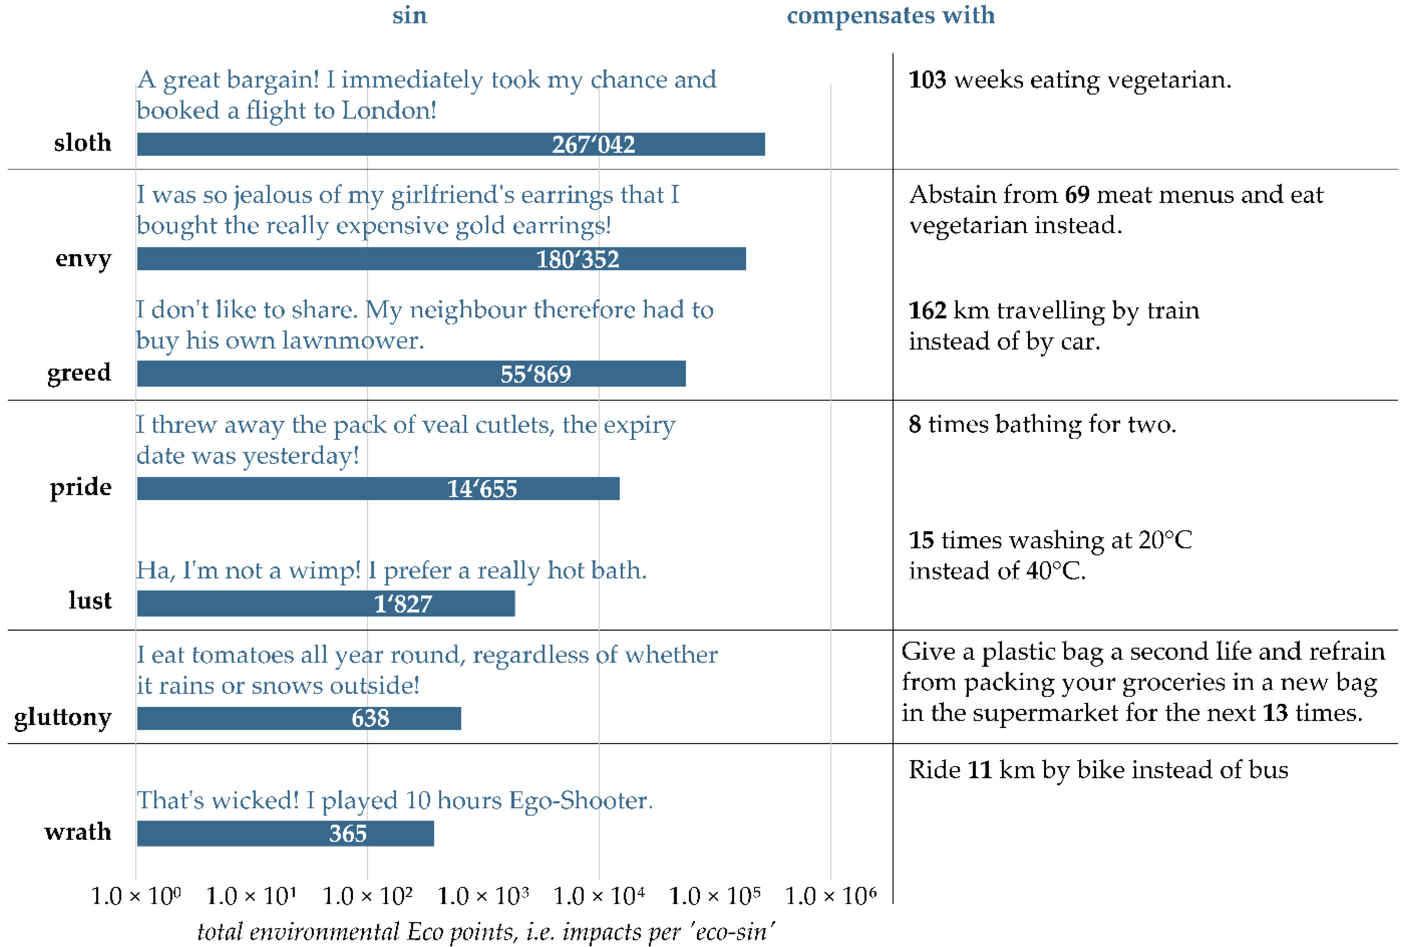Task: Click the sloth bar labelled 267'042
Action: click(x=451, y=144)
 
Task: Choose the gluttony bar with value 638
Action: click(x=299, y=718)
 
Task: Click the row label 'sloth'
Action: click(x=83, y=143)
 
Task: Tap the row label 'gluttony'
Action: click(x=63, y=717)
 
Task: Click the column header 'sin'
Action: click(x=409, y=15)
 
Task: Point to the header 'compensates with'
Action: click(x=890, y=15)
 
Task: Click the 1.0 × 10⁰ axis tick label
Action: click(x=135, y=896)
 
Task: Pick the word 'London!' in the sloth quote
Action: click(x=389, y=111)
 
